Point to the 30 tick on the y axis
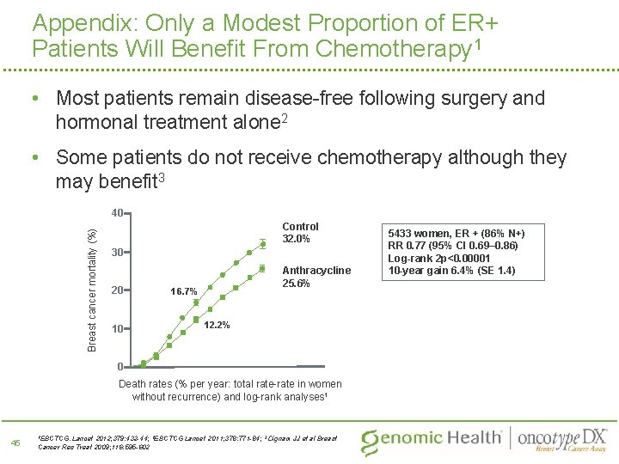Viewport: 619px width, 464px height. pos(119,253)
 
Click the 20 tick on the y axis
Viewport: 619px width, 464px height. pos(119,290)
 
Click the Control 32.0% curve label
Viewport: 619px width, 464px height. pos(300,232)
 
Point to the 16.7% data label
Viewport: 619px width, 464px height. pos(183,291)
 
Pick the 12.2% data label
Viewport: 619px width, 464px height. pos(217,325)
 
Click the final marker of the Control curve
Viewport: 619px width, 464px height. pos(262,241)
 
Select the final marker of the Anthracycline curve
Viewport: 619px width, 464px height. pos(262,268)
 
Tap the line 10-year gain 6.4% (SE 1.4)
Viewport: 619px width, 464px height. pos(452,271)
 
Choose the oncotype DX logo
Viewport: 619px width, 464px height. pos(562,438)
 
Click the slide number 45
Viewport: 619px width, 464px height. pos(15,443)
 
